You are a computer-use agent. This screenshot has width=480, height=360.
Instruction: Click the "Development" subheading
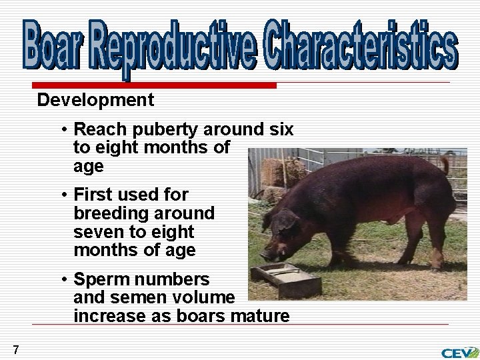point(95,101)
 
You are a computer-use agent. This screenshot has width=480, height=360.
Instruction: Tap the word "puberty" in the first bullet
point(155,129)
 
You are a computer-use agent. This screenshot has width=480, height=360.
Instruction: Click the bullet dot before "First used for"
point(64,195)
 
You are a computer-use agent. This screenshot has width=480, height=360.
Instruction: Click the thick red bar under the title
point(153,86)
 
